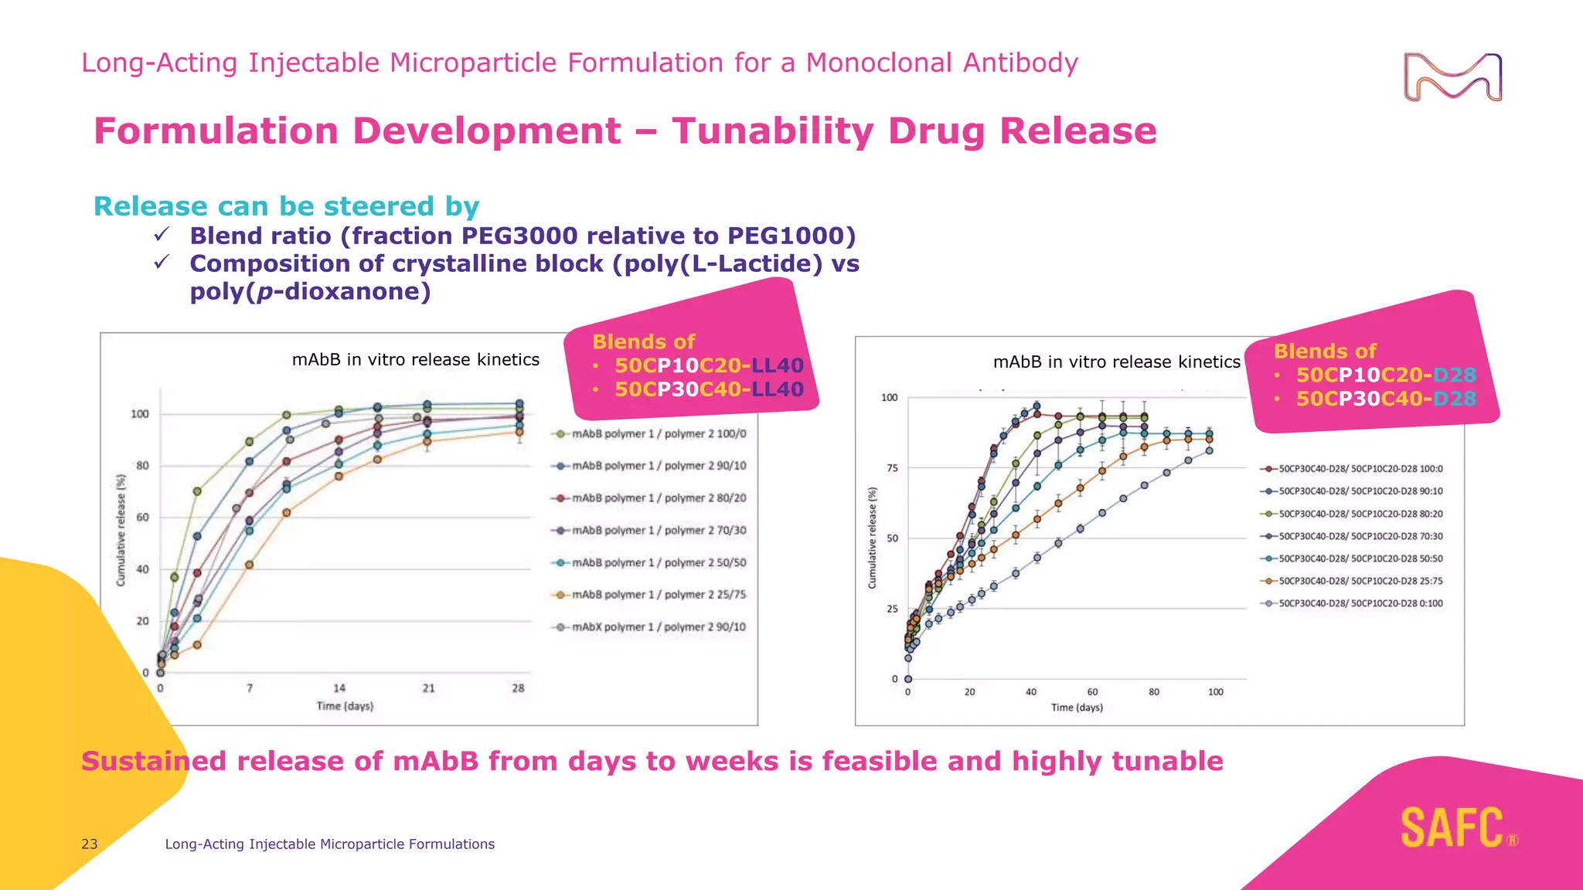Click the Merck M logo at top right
[1452, 77]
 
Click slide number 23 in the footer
[90, 844]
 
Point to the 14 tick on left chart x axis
[339, 688]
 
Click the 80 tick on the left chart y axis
[142, 466]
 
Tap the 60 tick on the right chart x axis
[1092, 692]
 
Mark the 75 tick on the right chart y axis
[892, 468]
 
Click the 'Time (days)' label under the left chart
[345, 706]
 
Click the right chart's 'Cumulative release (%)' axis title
[873, 538]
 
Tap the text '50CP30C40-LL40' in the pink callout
[709, 389]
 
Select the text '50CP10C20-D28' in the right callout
[1386, 375]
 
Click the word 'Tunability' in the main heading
[772, 131]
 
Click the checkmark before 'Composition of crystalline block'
[162, 263]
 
